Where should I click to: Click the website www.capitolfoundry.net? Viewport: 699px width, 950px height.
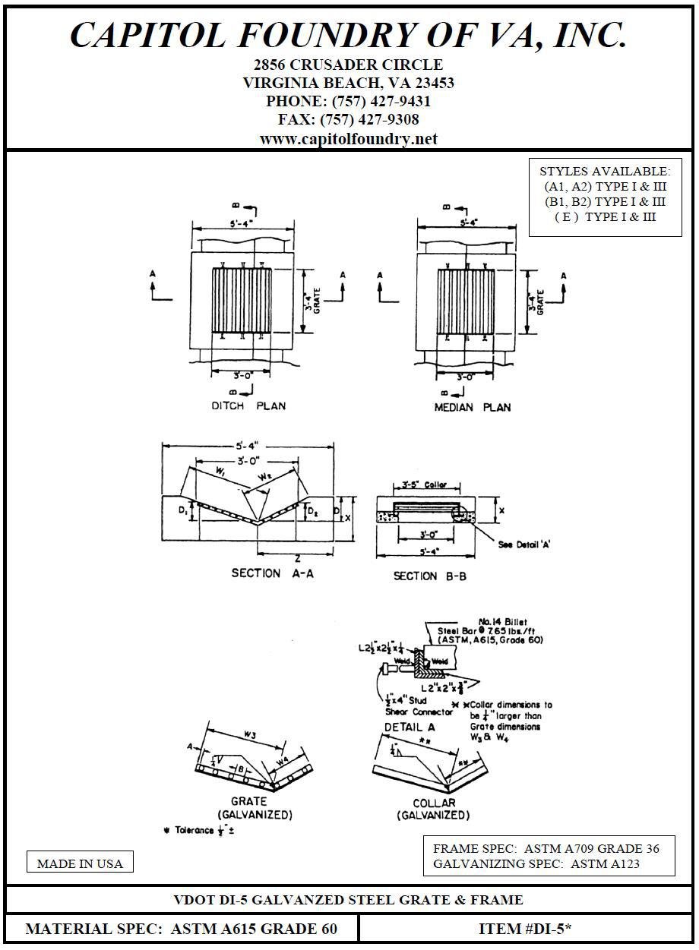point(349,138)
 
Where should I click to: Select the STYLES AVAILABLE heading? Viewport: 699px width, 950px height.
point(605,171)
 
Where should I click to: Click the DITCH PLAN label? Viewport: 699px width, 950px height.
point(248,406)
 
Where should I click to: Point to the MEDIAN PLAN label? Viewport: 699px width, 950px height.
point(473,407)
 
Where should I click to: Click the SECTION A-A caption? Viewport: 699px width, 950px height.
point(272,573)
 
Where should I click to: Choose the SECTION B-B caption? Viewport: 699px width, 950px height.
point(429,576)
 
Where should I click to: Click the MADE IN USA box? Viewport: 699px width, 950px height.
point(80,863)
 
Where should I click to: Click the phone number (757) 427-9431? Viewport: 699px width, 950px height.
point(349,101)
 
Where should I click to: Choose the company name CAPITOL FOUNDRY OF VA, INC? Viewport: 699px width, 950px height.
point(349,35)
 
